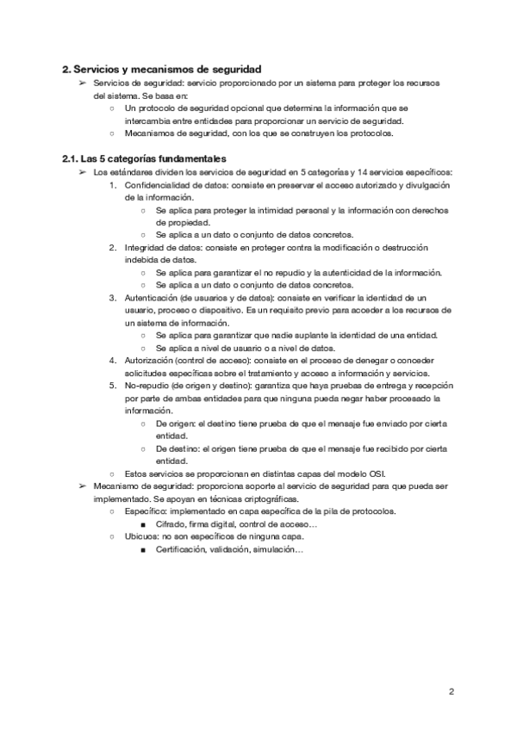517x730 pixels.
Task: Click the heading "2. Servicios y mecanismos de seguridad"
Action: click(x=161, y=68)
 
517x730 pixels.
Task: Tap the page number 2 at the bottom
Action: click(x=452, y=691)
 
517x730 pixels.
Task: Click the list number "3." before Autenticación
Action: click(x=113, y=297)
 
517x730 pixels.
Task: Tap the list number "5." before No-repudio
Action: click(x=113, y=385)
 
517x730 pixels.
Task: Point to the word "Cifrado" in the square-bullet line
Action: click(x=171, y=523)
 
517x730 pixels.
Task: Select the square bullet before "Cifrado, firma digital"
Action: click(x=142, y=523)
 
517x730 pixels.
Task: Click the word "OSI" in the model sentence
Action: click(x=377, y=473)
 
